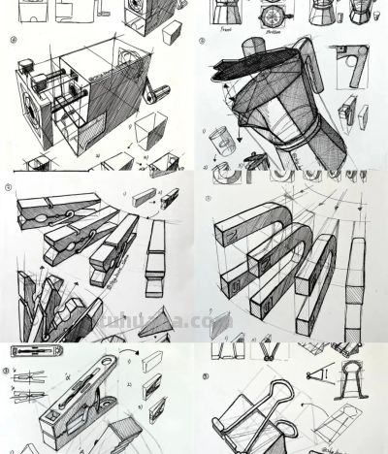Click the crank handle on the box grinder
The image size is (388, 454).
pos(153,94)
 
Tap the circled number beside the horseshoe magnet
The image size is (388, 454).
pos(208,199)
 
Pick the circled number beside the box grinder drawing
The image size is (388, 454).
pos(12,41)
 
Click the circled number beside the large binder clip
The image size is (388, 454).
pos(206,375)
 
